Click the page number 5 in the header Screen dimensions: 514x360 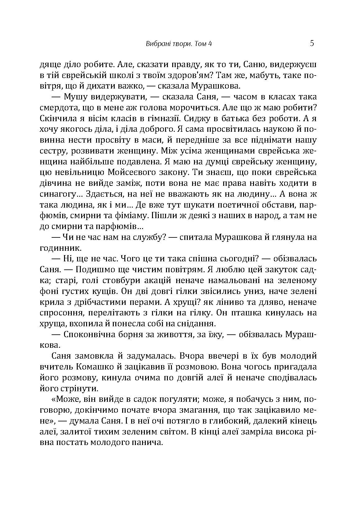pyautogui.click(x=312, y=43)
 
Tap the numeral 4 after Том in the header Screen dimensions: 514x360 pyautogui.click(x=210, y=44)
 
